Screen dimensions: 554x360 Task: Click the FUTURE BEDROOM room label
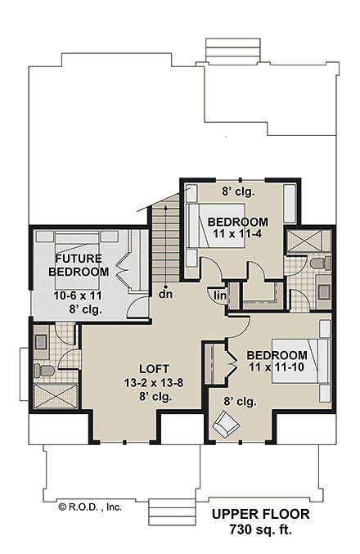tap(78, 264)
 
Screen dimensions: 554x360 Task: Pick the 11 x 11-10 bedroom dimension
tap(277, 369)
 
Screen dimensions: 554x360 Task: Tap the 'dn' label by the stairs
tap(164, 293)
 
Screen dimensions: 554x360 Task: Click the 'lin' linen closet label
tap(220, 295)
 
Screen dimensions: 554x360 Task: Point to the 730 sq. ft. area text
tap(260, 530)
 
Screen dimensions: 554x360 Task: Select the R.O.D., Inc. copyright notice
tap(89, 507)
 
